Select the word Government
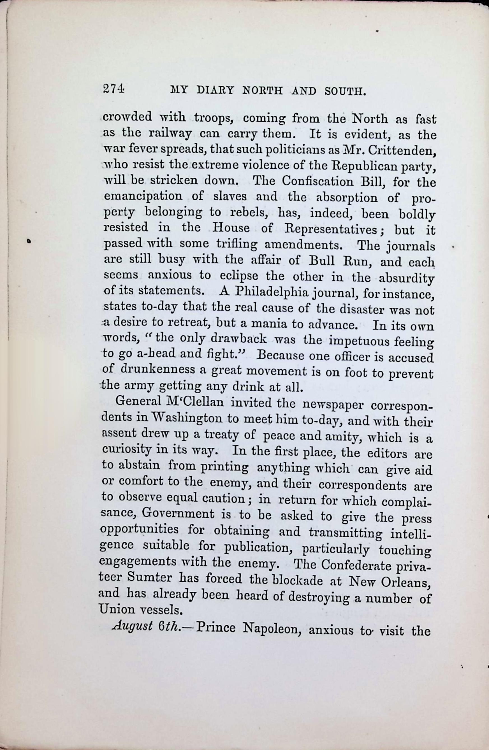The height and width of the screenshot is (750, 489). pos(179,514)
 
